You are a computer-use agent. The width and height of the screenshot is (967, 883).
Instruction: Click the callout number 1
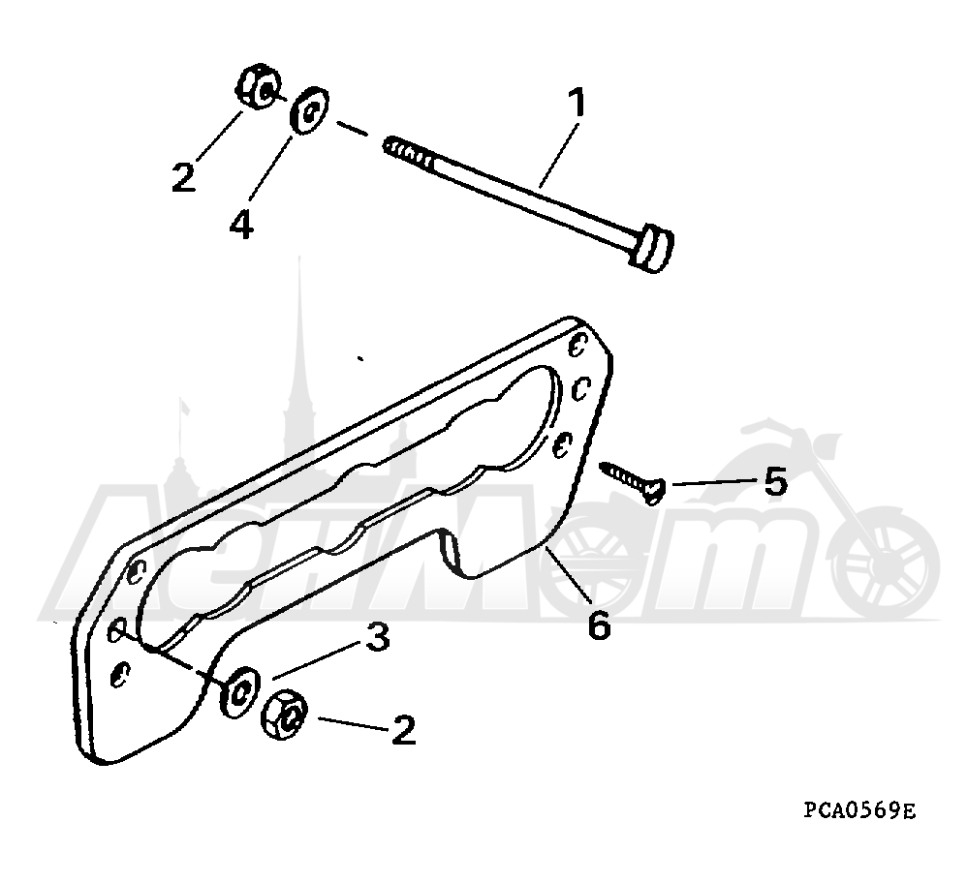click(x=576, y=103)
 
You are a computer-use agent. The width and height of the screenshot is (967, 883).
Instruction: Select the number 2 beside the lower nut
click(x=403, y=730)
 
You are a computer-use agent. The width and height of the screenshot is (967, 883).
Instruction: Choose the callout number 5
click(x=776, y=481)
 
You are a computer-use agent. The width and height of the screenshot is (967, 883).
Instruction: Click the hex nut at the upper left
click(x=257, y=87)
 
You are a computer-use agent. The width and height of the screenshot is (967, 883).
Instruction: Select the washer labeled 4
click(x=310, y=110)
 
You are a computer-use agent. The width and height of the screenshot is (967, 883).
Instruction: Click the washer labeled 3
click(x=240, y=691)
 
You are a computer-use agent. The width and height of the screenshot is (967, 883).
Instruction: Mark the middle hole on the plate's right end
click(x=581, y=389)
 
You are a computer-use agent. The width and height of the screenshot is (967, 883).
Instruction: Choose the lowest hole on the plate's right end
click(x=561, y=444)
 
